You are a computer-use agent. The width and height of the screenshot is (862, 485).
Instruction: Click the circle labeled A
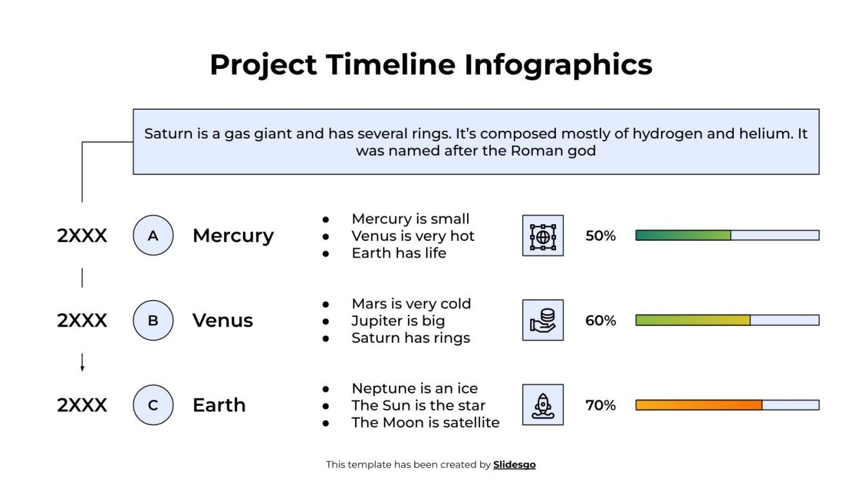(153, 236)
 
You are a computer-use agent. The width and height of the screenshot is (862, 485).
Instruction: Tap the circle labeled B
(153, 320)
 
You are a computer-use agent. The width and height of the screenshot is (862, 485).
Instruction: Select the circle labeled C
(153, 405)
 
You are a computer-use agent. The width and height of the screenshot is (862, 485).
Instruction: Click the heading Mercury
(233, 236)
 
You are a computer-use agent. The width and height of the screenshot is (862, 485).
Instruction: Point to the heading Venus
(222, 320)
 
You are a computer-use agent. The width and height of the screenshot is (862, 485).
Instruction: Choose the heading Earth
(219, 405)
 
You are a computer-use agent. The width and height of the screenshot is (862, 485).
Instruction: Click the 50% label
(600, 236)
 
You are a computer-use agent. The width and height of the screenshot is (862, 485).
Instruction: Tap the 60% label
(600, 320)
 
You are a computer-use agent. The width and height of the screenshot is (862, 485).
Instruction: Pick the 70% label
(600, 405)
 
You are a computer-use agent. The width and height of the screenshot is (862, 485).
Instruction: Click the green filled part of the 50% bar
(683, 236)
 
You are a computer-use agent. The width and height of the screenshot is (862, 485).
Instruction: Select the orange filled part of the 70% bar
(698, 405)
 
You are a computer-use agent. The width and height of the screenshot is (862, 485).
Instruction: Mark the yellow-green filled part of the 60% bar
(693, 320)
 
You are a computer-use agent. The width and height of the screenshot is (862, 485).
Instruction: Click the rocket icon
(542, 405)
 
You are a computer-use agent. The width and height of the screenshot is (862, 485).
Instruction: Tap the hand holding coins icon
(542, 320)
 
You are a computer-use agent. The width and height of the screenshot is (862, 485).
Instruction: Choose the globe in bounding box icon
(542, 236)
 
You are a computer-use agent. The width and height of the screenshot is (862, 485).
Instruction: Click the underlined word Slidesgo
(514, 464)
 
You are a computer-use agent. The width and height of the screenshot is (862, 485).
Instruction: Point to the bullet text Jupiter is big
(398, 321)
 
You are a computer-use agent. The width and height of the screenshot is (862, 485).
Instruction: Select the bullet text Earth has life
(399, 253)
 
